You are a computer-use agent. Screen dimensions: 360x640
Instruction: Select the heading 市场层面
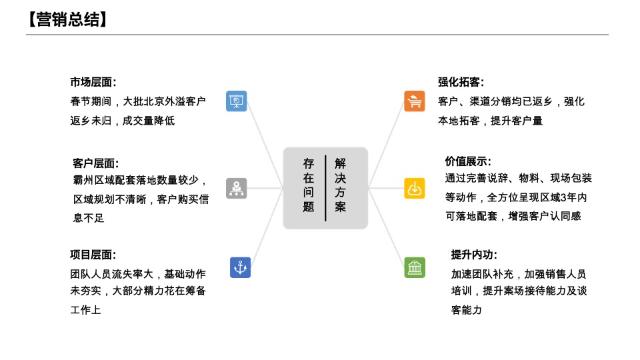[x=93, y=82]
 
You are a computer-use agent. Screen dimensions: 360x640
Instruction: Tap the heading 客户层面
[x=95, y=163]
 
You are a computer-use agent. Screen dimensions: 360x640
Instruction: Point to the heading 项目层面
[x=93, y=255]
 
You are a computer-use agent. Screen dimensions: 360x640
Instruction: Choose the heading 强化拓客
[x=461, y=82]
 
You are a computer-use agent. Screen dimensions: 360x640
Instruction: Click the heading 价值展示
[x=468, y=161]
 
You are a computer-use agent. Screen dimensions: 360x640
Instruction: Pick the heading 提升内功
[x=474, y=255]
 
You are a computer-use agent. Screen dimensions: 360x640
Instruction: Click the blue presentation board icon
[x=237, y=101]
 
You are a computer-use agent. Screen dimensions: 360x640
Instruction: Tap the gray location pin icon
[x=237, y=188]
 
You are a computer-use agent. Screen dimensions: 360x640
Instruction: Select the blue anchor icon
[x=240, y=267]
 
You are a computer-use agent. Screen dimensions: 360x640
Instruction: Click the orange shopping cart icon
[x=415, y=101]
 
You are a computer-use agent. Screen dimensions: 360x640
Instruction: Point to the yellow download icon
[x=415, y=188]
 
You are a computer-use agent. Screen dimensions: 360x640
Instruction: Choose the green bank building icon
[x=415, y=267]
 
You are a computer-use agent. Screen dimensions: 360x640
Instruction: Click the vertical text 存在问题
[x=308, y=185]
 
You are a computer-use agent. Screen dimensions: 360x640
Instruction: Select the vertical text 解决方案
[x=341, y=185]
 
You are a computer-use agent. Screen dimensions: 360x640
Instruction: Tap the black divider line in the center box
[x=325, y=188]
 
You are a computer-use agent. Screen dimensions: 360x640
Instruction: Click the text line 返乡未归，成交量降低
[x=123, y=121]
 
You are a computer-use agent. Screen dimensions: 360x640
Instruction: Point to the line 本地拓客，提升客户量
[x=490, y=121]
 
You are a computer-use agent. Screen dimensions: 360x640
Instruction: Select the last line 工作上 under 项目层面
[x=85, y=310]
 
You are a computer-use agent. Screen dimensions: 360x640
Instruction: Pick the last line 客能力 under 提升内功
[x=466, y=310]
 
